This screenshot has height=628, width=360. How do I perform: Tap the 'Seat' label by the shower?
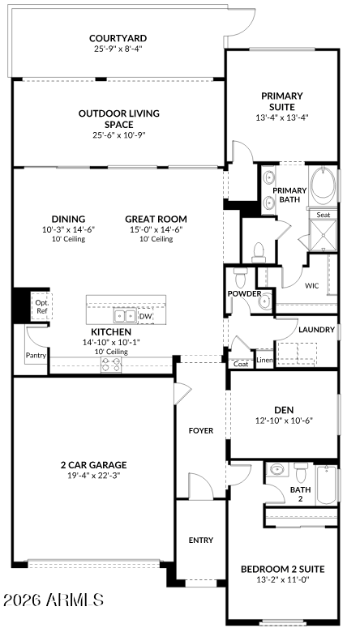(x=324, y=215)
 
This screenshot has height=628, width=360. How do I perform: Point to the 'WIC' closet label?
(x=312, y=285)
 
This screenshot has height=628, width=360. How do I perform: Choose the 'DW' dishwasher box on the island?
(x=145, y=317)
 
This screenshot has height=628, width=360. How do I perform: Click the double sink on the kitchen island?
(x=124, y=317)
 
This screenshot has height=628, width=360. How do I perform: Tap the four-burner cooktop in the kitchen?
(x=111, y=365)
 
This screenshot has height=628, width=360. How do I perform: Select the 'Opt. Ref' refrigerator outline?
(x=41, y=305)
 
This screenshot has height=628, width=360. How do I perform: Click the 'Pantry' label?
(x=36, y=355)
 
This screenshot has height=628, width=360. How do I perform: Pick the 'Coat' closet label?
(x=241, y=363)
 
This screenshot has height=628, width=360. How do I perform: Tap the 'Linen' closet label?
(x=264, y=359)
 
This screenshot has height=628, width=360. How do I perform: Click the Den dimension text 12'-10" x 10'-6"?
(x=284, y=420)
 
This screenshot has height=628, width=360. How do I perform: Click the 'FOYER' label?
(x=201, y=430)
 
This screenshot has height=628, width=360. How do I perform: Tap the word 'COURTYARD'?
(x=118, y=37)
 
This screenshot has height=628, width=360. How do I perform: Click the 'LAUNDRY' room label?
(x=316, y=330)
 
